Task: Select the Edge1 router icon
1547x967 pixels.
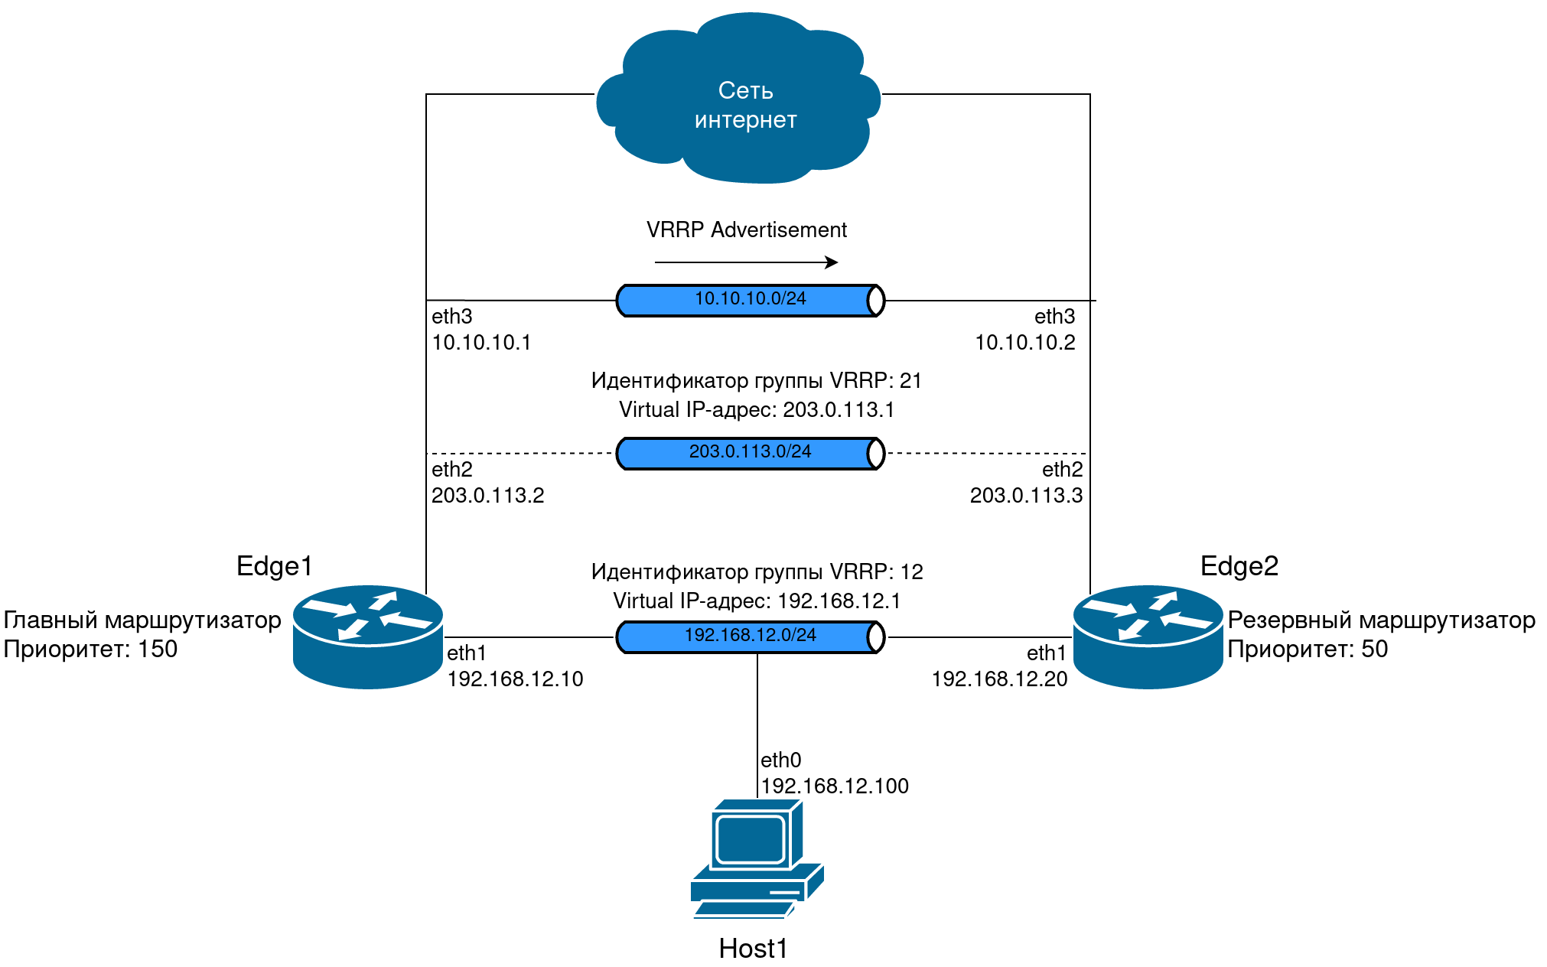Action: [368, 637]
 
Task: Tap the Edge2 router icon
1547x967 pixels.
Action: [1148, 637]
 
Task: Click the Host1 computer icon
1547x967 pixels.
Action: [757, 858]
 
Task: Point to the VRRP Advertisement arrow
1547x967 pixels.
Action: [746, 262]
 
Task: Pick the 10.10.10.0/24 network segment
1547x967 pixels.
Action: [751, 300]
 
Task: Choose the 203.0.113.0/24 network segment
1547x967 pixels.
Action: [751, 453]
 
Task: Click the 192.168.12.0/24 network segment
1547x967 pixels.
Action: [751, 637]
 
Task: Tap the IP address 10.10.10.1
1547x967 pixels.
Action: [481, 343]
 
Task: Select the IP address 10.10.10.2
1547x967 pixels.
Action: [1024, 343]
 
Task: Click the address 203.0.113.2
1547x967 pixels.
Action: [487, 496]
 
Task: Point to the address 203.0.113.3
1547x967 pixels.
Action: [1026, 496]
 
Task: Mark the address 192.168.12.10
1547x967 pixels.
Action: [515, 679]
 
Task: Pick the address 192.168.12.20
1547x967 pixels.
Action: [999, 679]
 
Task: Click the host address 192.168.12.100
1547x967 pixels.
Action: [835, 786]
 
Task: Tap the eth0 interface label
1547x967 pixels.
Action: [781, 760]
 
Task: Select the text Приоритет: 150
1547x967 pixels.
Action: [90, 650]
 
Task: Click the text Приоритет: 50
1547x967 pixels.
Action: [1308, 650]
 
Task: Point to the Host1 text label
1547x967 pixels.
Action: [753, 949]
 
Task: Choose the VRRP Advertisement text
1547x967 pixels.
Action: [747, 230]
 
